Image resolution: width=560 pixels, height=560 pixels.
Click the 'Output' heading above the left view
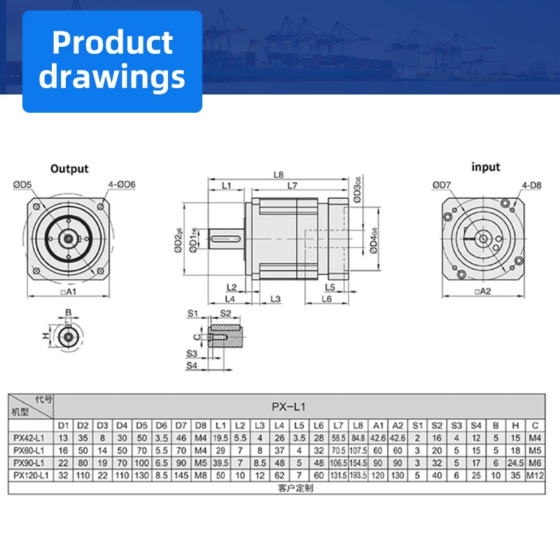[69, 169]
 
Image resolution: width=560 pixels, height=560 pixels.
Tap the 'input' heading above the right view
[485, 167]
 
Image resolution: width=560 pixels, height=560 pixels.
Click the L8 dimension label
[278, 174]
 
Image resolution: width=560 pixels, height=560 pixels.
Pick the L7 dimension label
[293, 185]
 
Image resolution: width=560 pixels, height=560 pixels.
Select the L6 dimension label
[326, 300]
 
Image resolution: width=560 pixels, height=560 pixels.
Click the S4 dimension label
[192, 365]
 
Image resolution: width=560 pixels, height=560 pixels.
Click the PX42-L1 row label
[31, 437]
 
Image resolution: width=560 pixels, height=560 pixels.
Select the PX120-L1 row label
[31, 475]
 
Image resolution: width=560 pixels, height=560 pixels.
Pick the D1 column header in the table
[62, 425]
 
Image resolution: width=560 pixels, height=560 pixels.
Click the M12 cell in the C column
[535, 475]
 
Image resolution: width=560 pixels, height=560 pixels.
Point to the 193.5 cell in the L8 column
[358, 475]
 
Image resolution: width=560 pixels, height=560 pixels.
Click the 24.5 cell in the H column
[516, 463]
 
